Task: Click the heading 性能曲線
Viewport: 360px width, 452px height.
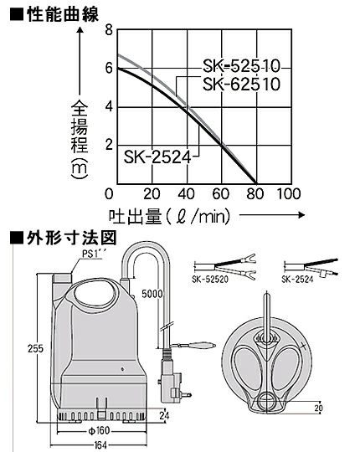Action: pos(63,14)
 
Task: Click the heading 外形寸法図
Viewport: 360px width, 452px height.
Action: pos(72,238)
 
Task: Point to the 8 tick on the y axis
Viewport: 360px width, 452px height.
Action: pos(109,29)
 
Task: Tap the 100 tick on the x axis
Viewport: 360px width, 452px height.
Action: pos(289,194)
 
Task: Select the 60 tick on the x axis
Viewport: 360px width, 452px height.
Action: pos(220,194)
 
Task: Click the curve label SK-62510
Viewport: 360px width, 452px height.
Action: pos(242,85)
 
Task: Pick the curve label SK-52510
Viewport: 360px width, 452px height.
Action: pos(242,66)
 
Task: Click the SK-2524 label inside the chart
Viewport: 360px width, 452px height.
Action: pos(157,157)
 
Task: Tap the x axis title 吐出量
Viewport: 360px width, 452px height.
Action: pos(135,217)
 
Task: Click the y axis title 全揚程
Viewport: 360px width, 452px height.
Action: pos(80,126)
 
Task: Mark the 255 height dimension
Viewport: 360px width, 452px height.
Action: pos(35,348)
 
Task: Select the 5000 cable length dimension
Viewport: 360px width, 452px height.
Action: pos(152,294)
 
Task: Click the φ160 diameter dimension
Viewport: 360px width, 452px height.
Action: pos(99,431)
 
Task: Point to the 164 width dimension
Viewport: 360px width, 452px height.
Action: pos(100,445)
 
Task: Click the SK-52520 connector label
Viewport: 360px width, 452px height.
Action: pos(210,280)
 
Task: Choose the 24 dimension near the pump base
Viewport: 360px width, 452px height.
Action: pos(164,415)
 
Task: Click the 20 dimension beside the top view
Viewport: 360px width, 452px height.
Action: pos(318,408)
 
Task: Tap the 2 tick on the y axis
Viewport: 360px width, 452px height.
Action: pos(109,145)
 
